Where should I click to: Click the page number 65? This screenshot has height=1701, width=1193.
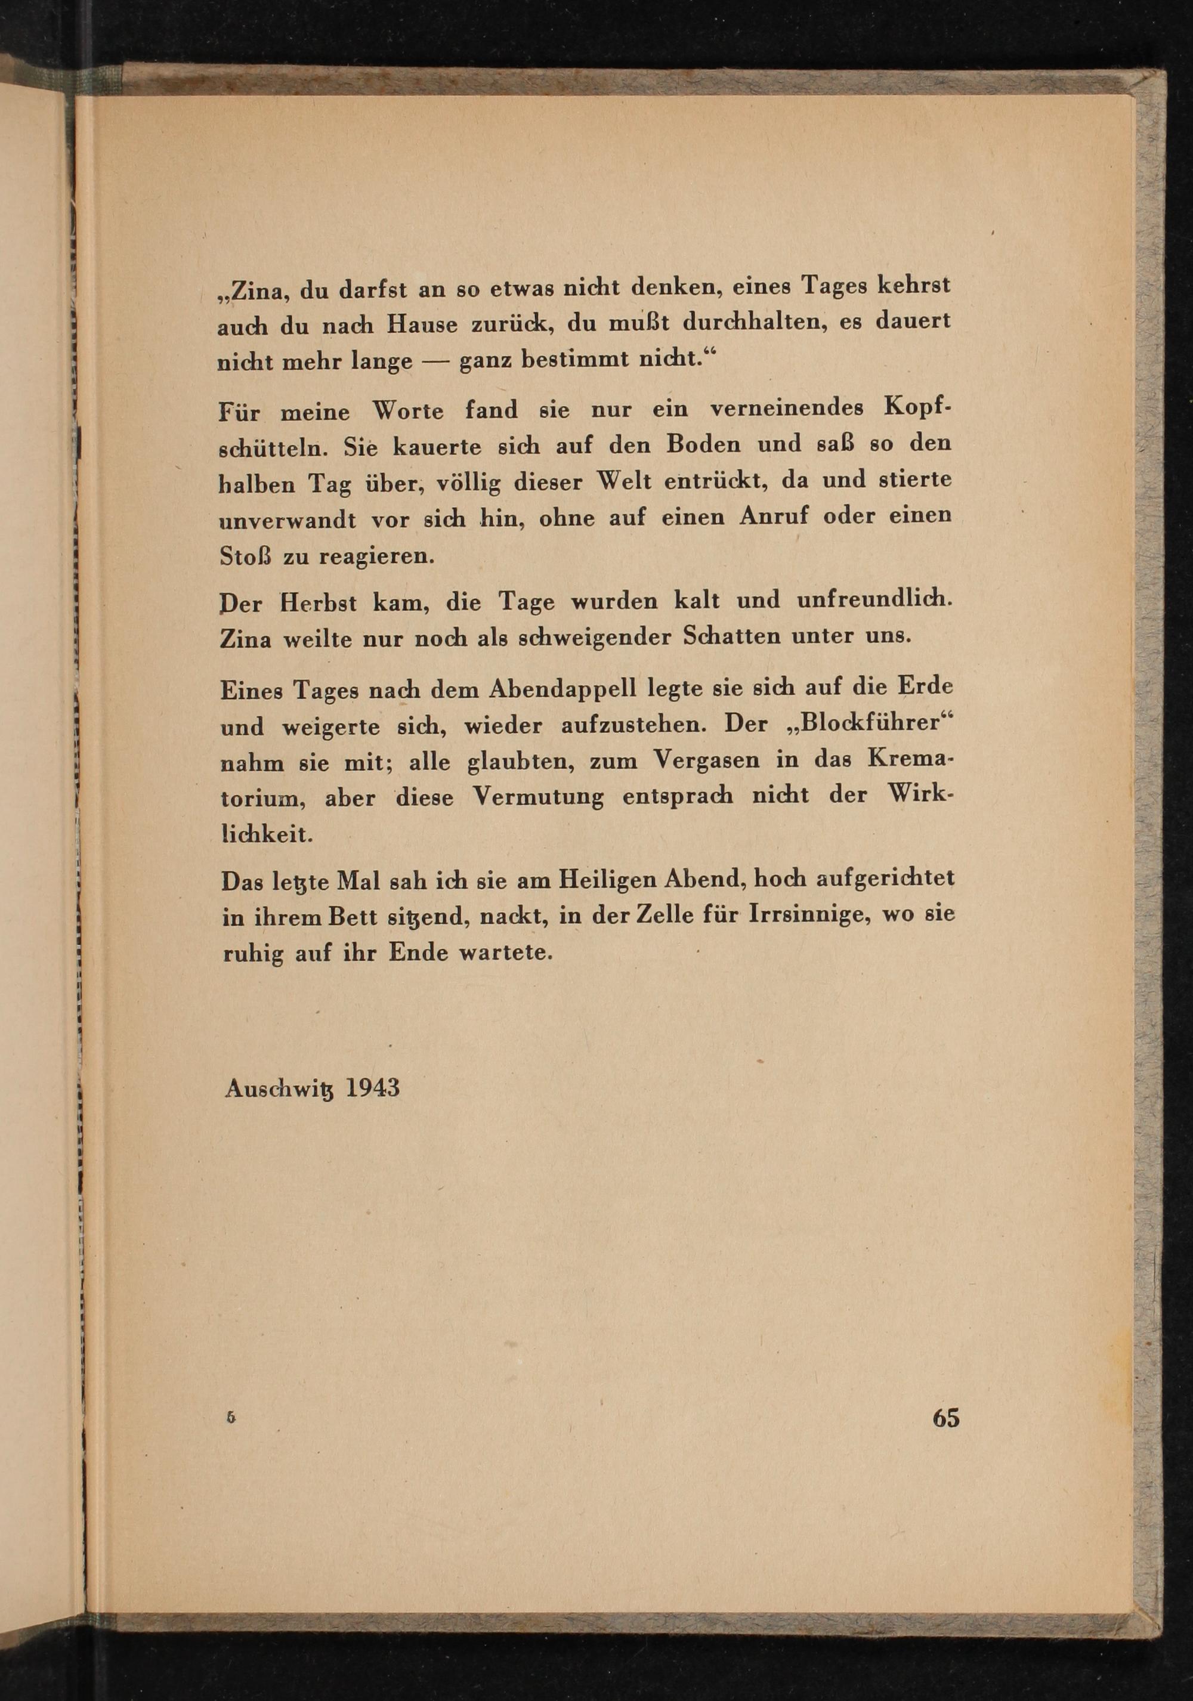946,1417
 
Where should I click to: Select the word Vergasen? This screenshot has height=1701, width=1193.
707,761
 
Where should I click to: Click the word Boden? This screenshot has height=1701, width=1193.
703,444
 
